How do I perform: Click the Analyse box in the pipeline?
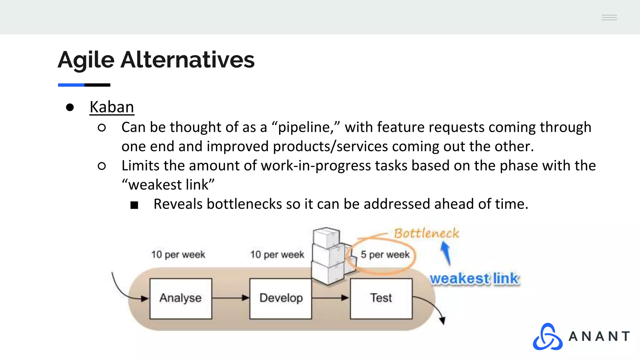[x=181, y=298]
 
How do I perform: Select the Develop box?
[x=281, y=298]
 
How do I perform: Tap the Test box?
[x=381, y=298]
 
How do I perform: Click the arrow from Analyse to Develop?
[x=231, y=298]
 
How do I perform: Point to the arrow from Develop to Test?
[x=331, y=298]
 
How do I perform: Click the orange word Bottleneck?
[x=426, y=233]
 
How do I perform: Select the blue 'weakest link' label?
[x=474, y=278]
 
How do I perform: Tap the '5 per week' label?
[x=385, y=255]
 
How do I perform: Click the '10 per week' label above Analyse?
[x=178, y=255]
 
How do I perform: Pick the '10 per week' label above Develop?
[x=277, y=255]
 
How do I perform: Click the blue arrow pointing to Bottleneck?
[x=446, y=253]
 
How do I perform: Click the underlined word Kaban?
[x=112, y=107]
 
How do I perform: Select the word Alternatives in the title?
[x=187, y=60]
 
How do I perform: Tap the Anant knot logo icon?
[x=547, y=337]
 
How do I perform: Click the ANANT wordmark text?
[x=599, y=337]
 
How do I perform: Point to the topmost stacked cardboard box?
[x=326, y=237]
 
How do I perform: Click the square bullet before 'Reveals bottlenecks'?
[x=134, y=205]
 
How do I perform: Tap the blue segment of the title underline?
[x=71, y=85]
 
